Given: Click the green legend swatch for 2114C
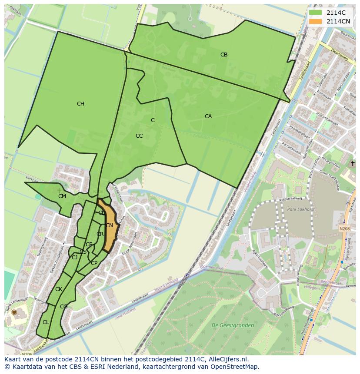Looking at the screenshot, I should click(316, 13).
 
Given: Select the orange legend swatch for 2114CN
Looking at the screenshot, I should click(316, 21).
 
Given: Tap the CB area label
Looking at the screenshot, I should click(224, 55).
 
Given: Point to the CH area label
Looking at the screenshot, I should click(80, 104).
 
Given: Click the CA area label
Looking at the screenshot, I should click(208, 116).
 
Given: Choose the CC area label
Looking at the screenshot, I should click(139, 136).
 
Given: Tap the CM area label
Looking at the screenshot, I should click(62, 196).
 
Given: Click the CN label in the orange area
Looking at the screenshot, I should click(110, 225).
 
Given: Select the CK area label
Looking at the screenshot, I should click(59, 289).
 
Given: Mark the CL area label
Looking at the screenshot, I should click(46, 322).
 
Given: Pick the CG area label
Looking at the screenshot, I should click(64, 307).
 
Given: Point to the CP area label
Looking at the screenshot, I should click(94, 263).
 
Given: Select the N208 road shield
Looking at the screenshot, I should click(344, 228).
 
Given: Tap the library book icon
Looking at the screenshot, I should click(14, 312).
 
